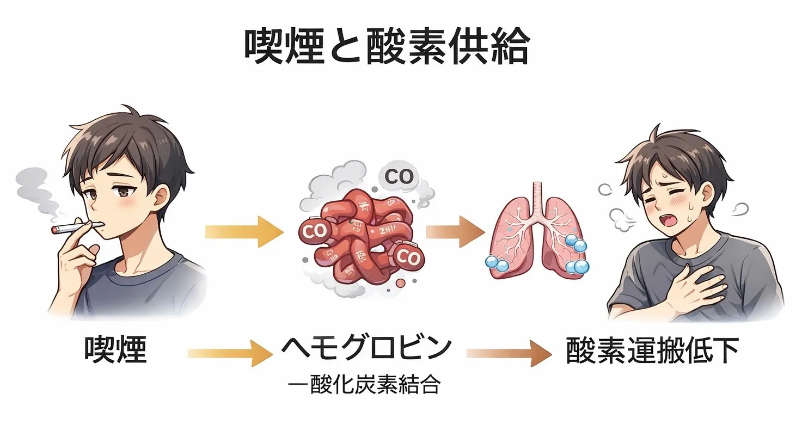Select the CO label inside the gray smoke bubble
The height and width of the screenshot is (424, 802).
pos(399,176)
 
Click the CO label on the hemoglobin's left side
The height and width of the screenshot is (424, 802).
pos(313,231)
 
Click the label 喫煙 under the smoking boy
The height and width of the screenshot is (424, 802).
pos(116,349)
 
